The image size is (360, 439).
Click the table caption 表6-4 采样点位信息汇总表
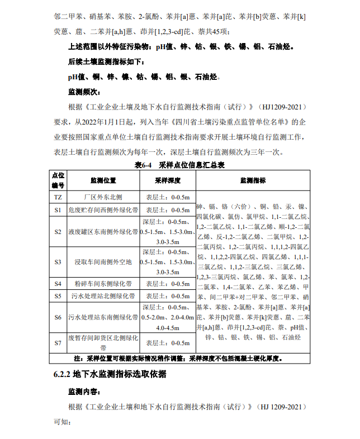coord(179,165)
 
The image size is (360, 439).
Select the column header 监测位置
coord(103,181)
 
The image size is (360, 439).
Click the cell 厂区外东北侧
coord(103,197)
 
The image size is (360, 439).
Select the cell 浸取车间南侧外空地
coord(103,261)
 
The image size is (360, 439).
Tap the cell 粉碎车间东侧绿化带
coord(103,283)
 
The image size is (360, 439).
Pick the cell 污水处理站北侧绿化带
coord(103,296)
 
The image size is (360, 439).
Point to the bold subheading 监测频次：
coord(83,90)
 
